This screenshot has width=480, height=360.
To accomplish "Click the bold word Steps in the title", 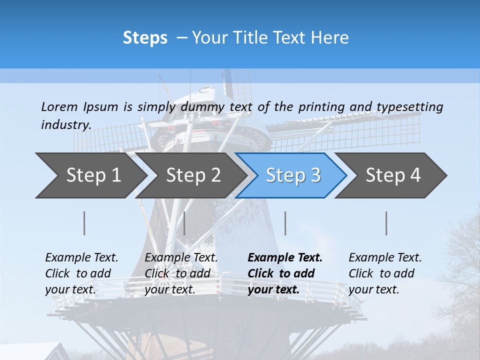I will pyautogui.click(x=145, y=38).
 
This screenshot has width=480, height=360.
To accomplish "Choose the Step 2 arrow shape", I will pyautogui.click(x=193, y=175).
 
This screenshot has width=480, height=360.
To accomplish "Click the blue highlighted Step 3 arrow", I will pyautogui.click(x=293, y=175).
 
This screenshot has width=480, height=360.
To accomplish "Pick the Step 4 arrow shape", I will pyautogui.click(x=393, y=175).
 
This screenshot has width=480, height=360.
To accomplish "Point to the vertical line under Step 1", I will pyautogui.click(x=84, y=223).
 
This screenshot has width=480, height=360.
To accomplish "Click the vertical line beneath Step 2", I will pyautogui.click(x=184, y=223).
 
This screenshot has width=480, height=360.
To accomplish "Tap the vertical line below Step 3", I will pyautogui.click(x=285, y=223).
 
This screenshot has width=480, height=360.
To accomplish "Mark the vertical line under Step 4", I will pyautogui.click(x=386, y=223).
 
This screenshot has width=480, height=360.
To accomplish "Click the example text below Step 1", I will pyautogui.click(x=81, y=273).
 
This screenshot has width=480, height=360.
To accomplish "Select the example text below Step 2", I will pyautogui.click(x=181, y=273).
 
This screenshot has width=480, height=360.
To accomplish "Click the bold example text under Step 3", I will pyautogui.click(x=285, y=273).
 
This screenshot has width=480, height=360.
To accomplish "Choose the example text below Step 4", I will pyautogui.click(x=385, y=273).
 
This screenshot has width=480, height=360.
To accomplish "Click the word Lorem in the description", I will pyautogui.click(x=59, y=107).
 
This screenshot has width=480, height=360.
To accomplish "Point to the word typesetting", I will pyautogui.click(x=409, y=107).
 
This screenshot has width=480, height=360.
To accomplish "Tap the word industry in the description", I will pyautogui.click(x=66, y=125).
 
